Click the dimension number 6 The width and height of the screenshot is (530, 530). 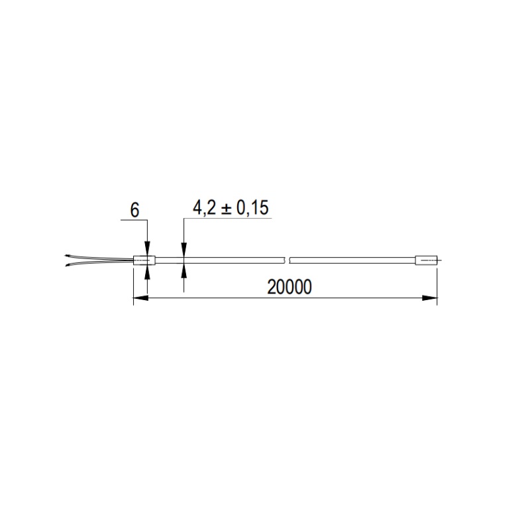(x=134, y=210)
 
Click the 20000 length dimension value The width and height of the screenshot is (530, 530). (x=290, y=288)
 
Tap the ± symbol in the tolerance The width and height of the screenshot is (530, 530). (x=226, y=208)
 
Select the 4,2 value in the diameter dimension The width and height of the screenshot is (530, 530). (x=204, y=208)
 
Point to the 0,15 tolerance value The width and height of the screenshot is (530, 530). (x=252, y=208)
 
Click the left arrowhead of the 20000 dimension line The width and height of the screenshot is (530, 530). (x=140, y=297)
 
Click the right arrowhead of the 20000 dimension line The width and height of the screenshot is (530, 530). (x=430, y=297)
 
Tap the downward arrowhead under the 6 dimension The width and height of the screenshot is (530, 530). (x=147, y=248)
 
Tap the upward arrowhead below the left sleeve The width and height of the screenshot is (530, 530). (x=147, y=272)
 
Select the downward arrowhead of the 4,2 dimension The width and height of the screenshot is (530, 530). (x=184, y=250)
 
